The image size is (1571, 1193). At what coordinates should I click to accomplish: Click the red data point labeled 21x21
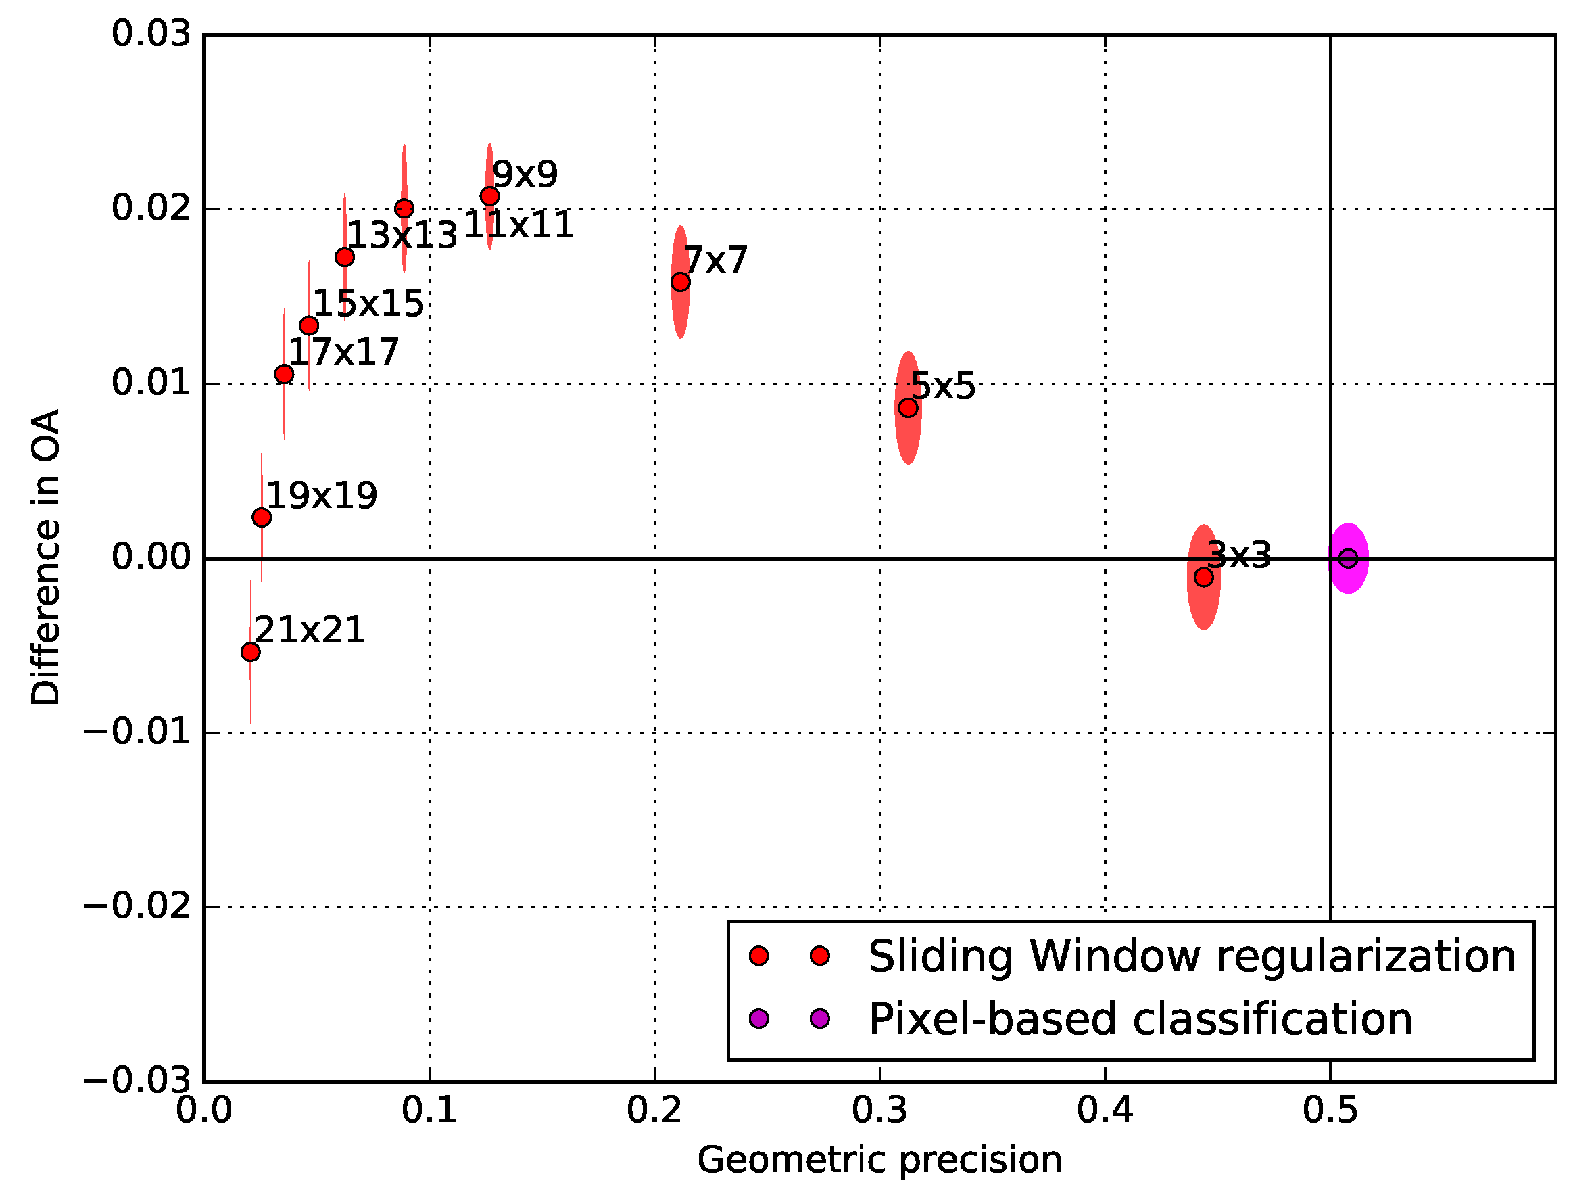click(x=250, y=651)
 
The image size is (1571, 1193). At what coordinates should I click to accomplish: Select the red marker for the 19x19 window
click(x=262, y=517)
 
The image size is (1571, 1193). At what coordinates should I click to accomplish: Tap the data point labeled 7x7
click(x=681, y=282)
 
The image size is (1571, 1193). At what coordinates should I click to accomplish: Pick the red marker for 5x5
click(x=908, y=408)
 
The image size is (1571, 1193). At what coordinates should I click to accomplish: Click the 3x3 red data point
click(x=1204, y=577)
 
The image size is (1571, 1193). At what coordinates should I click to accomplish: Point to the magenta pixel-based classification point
click(x=1348, y=559)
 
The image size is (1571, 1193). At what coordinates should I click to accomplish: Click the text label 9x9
click(x=525, y=174)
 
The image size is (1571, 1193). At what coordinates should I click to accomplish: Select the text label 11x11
click(x=518, y=225)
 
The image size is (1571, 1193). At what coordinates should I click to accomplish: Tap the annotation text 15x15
click(x=368, y=304)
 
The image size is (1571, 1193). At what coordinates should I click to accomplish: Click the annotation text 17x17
click(x=344, y=352)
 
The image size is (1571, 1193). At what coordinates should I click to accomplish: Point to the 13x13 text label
click(x=402, y=235)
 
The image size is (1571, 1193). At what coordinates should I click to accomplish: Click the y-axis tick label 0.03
click(x=151, y=34)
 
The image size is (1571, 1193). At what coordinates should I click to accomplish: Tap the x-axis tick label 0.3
click(x=879, y=1110)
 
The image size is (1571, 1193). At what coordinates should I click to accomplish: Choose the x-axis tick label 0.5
click(x=1330, y=1110)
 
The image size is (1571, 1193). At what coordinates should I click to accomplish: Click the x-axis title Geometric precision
click(x=879, y=1161)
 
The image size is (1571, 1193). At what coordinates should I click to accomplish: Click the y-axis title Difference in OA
click(x=45, y=557)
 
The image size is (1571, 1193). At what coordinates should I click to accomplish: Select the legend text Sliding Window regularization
click(x=1192, y=956)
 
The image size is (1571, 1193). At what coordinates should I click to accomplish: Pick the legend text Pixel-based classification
click(x=1140, y=1019)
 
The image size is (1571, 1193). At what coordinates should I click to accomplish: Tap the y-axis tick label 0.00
click(x=151, y=557)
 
